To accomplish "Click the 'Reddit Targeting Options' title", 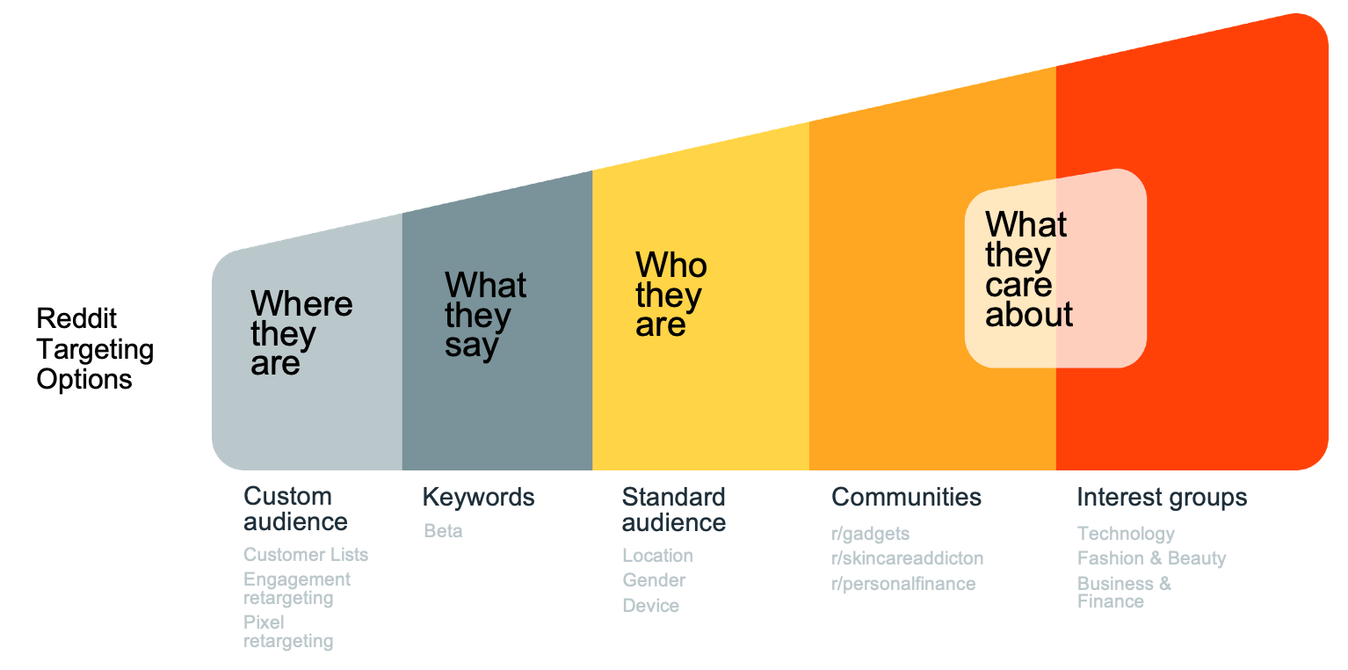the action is coord(95,348).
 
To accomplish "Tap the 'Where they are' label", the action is coord(301,333).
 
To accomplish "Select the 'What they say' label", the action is coord(486,315).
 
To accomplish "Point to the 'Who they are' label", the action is coord(671,295).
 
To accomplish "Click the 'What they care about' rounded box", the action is coord(1055,268).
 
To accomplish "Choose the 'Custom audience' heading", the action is coord(295,509).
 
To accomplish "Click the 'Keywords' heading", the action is coord(478,498).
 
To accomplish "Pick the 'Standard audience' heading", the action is coord(673,510).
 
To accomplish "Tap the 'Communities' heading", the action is coord(906,498).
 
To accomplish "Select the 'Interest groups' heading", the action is coord(1162,498).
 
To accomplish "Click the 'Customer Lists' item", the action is coord(306,555).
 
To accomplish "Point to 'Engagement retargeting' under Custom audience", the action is coord(297,588).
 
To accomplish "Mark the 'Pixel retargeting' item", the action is coord(288,631).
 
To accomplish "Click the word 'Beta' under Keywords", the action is coord(443,531).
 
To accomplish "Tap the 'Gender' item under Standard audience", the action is coord(654,580).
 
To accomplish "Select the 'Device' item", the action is coord(650,606).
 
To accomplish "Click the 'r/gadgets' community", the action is coord(870,534).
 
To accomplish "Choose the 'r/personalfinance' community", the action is coord(903,584).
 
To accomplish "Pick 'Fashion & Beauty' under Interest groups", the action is coord(1151,558).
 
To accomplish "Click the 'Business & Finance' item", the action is coord(1124,593).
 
